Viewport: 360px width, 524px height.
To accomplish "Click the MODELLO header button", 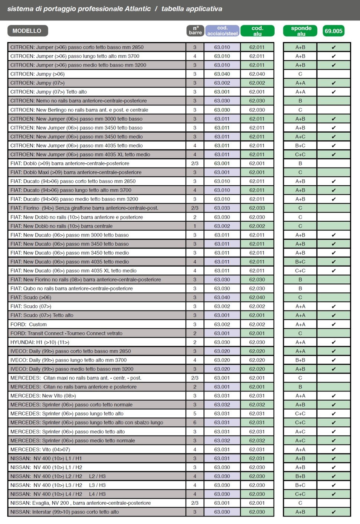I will click(x=27, y=31).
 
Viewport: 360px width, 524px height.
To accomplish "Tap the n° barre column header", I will click(x=195, y=30).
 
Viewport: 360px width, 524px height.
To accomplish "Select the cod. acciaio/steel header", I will click(x=222, y=31).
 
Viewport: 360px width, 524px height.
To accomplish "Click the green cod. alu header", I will click(x=257, y=31).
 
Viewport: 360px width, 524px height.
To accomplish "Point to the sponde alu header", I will click(x=301, y=31).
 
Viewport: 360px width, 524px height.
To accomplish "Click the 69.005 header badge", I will click(x=333, y=31).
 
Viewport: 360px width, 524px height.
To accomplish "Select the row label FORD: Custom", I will click(x=29, y=324).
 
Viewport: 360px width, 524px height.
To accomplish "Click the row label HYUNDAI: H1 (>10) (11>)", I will click(x=40, y=342).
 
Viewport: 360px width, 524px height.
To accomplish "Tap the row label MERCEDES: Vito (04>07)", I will click(x=40, y=449).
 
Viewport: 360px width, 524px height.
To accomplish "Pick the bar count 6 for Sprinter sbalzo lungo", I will click(x=195, y=423).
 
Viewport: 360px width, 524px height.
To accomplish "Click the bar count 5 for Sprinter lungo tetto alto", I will click(x=195, y=414).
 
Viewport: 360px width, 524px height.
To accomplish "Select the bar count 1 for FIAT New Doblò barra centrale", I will click(x=195, y=226).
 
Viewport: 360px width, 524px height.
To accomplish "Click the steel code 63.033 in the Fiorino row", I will click(x=222, y=208).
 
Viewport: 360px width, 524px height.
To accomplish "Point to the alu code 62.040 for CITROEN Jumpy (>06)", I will click(x=257, y=74).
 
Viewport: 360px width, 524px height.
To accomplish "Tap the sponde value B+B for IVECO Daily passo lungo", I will click(x=300, y=360).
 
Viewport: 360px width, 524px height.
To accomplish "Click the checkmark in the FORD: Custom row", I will click(x=334, y=324).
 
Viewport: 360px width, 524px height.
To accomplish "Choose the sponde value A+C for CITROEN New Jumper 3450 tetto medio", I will click(x=300, y=137).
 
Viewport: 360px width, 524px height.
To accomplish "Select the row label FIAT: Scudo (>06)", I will click(x=31, y=297).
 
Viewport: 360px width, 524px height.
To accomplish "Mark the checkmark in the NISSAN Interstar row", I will click(x=334, y=512).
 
